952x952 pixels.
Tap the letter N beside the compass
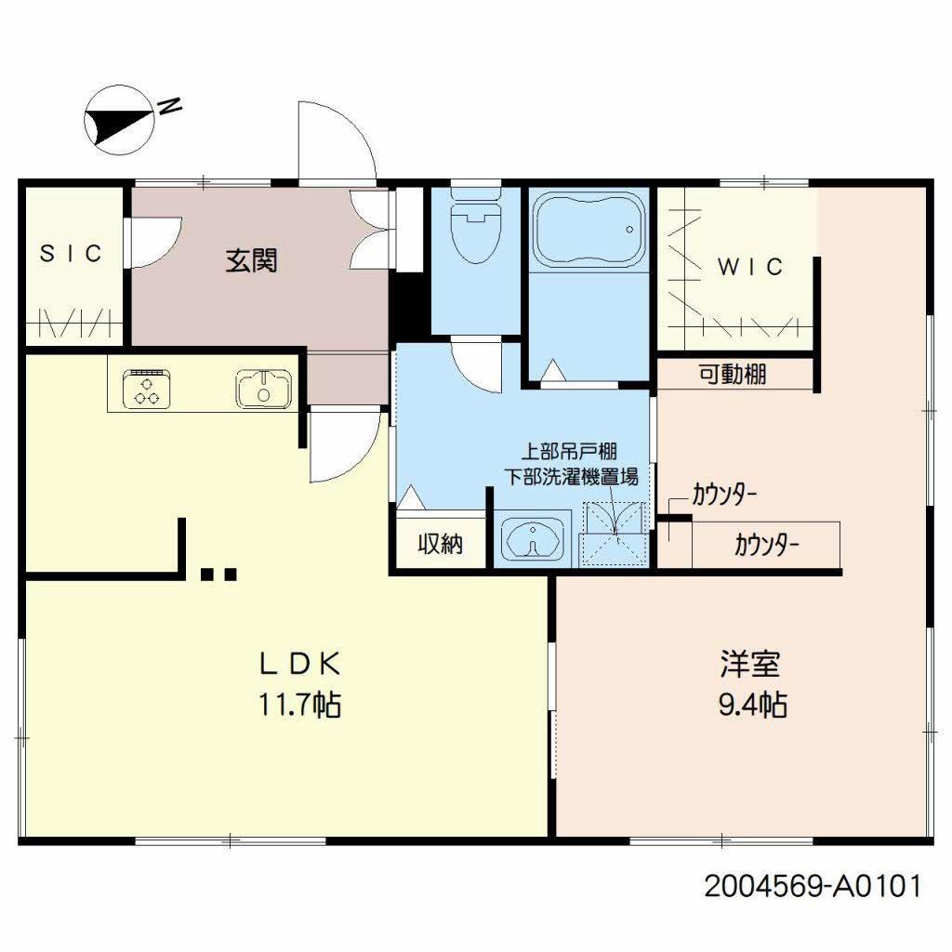tap(169, 108)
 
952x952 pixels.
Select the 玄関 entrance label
tap(251, 261)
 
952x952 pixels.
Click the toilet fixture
tap(475, 227)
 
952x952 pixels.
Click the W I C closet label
tap(750, 267)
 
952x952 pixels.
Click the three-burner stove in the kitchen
tap(145, 387)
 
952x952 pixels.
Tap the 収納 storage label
tap(439, 544)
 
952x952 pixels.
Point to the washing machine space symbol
tap(613, 533)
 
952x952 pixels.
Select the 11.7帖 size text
tap(299, 705)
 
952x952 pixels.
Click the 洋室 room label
tap(749, 664)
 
